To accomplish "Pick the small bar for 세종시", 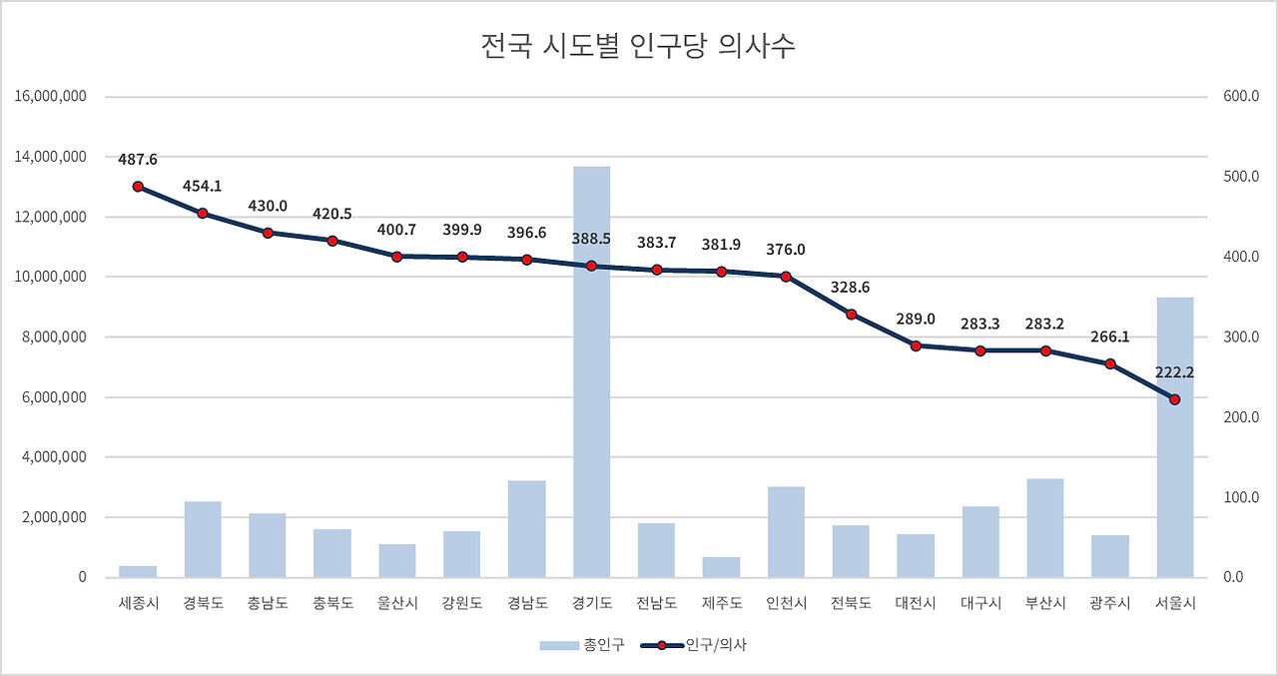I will (x=138, y=571).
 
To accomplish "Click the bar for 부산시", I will (x=1045, y=528).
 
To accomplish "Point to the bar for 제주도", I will (x=721, y=567).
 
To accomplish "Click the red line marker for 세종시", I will (x=138, y=187).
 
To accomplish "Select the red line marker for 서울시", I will (x=1175, y=399).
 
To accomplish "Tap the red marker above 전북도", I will (x=851, y=315).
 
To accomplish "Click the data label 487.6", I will (x=138, y=160).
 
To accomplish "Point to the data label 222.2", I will (x=1175, y=372).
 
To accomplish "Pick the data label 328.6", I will (x=851, y=288).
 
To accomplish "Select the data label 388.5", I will (x=591, y=240).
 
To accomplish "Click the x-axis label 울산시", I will (x=397, y=604).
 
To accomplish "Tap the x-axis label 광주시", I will (x=1110, y=604).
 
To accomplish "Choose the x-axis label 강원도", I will (x=462, y=604).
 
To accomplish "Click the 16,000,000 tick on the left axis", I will (x=52, y=97).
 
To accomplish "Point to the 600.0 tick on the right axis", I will (x=1240, y=97).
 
